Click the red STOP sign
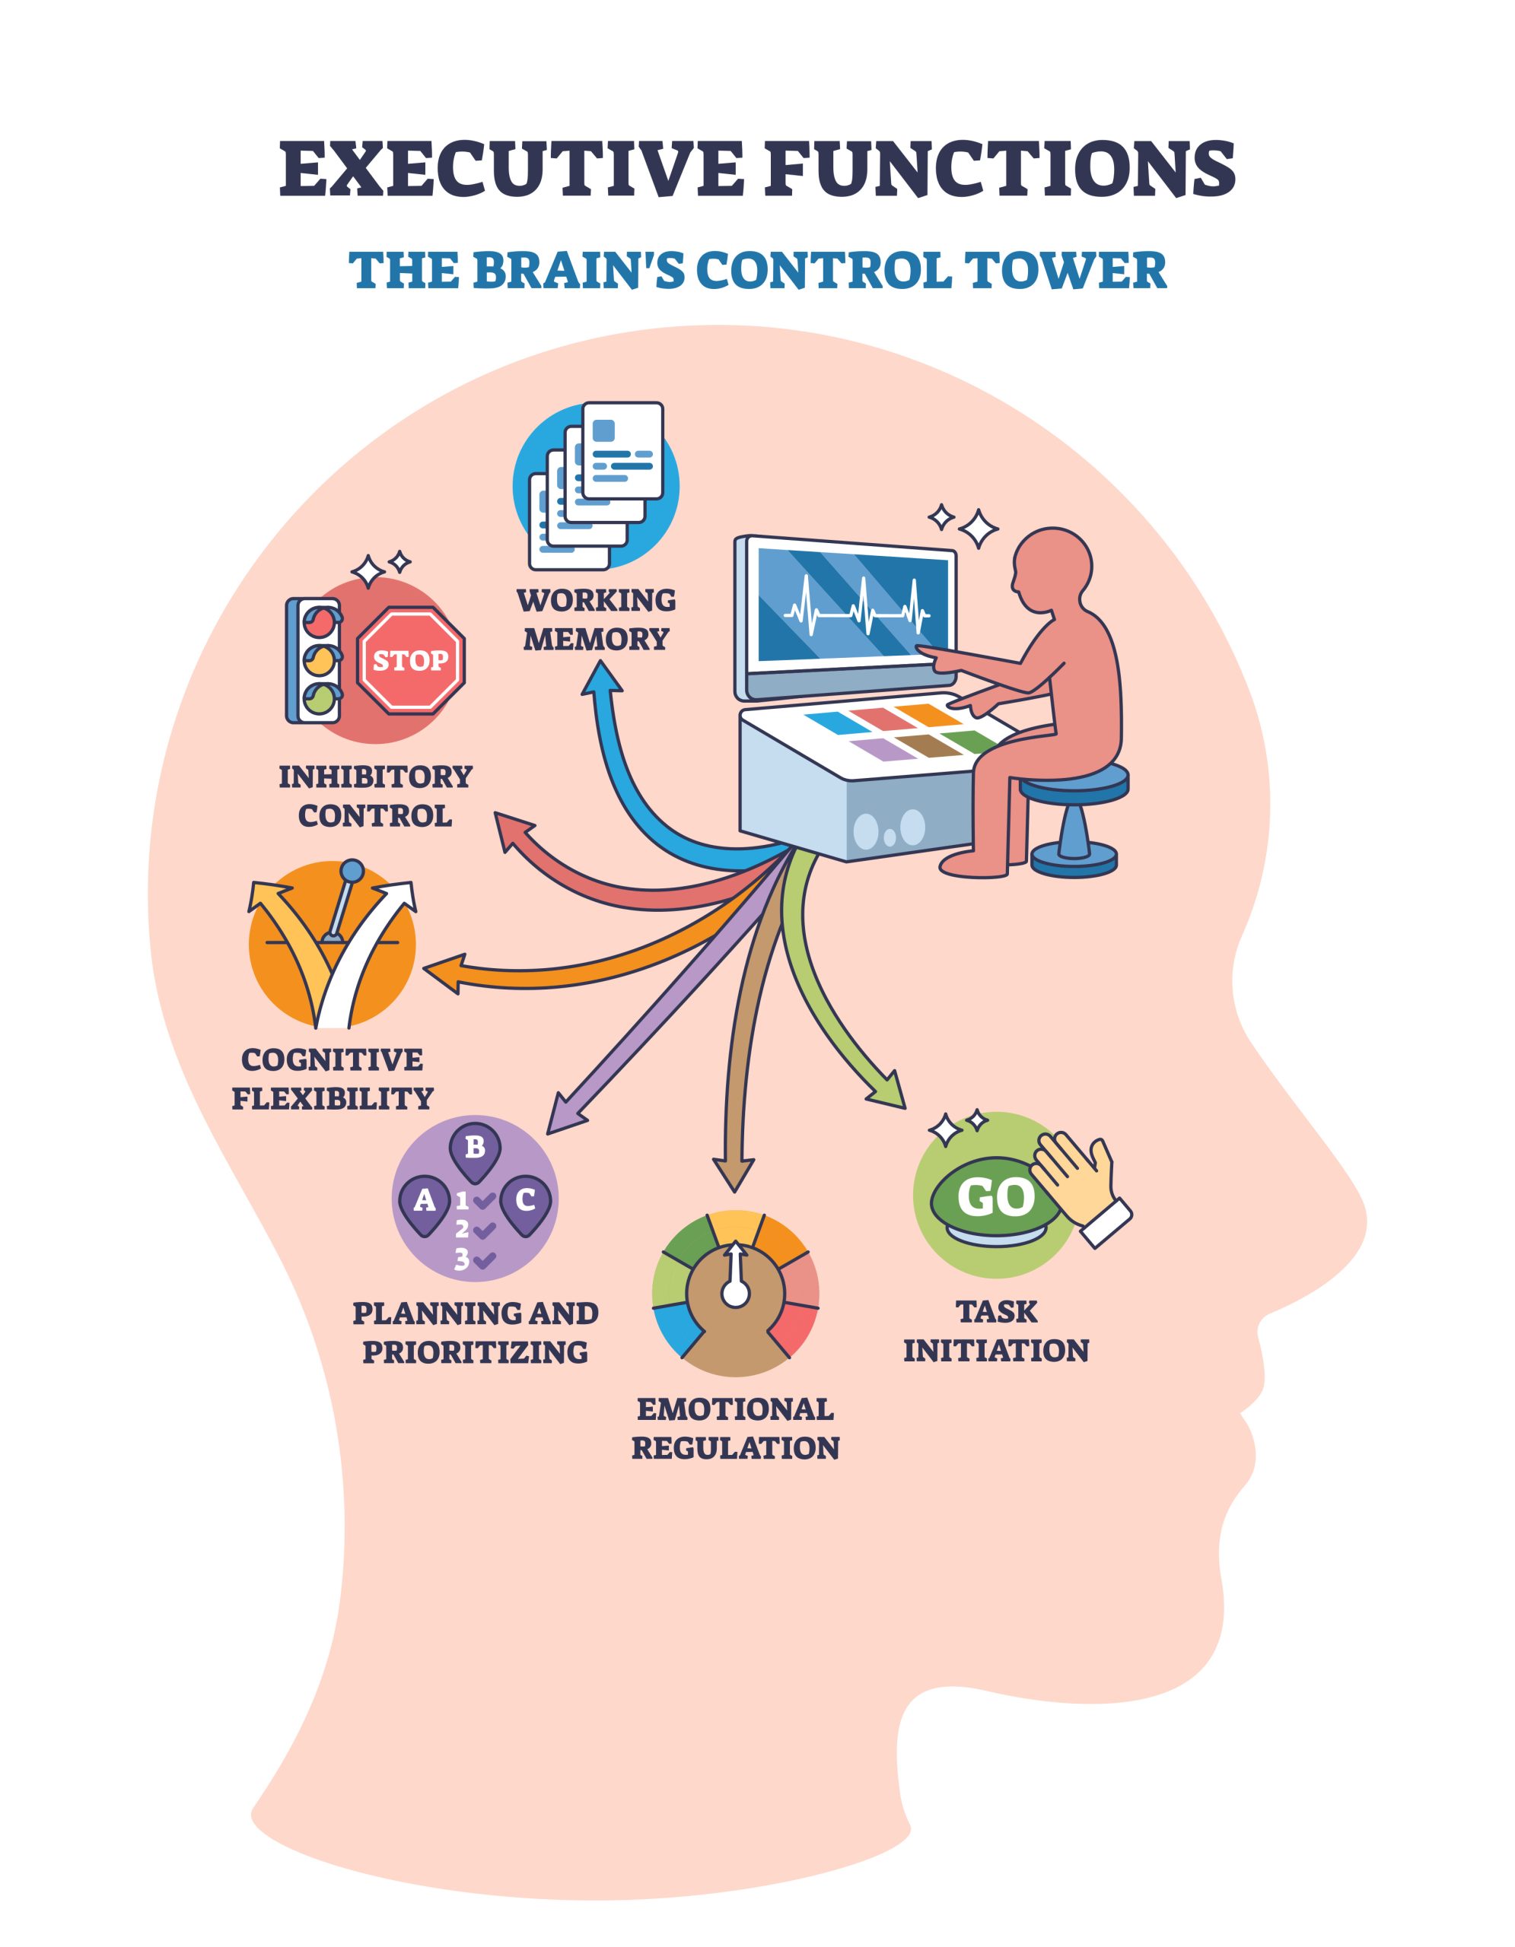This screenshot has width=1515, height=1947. (410, 661)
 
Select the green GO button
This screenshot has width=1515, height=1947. (995, 1197)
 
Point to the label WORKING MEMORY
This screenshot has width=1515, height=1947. (596, 620)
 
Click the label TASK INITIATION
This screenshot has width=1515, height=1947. (995, 1331)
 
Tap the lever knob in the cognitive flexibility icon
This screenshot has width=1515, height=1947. (352, 869)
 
